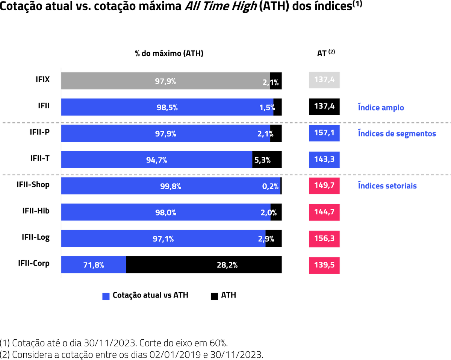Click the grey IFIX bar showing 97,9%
click(165, 81)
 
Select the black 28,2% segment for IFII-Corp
click(204, 265)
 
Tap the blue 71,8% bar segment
click(94, 265)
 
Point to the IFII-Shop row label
click(33, 185)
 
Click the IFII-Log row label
click(36, 237)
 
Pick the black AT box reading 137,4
click(324, 106)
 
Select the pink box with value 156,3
click(324, 238)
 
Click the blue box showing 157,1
click(324, 134)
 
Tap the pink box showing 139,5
click(324, 265)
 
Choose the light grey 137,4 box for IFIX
click(324, 80)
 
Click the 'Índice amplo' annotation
click(381, 108)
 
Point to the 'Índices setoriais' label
click(387, 186)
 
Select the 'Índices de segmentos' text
click(397, 134)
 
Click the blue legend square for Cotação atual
click(106, 296)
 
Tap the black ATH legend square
click(214, 296)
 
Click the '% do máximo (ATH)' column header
click(169, 53)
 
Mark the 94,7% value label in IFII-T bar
click(157, 160)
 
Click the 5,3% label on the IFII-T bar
click(262, 160)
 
